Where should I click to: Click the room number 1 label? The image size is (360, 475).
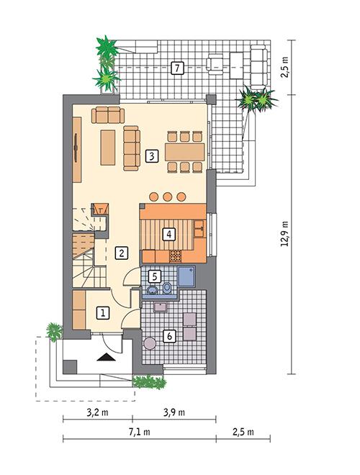(104, 312)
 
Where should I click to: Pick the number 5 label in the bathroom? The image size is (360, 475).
(154, 276)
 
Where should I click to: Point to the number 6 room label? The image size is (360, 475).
(169, 335)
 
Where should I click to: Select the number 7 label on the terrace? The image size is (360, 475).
(177, 69)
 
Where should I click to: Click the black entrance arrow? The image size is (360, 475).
(107, 356)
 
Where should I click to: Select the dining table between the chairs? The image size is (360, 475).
(185, 152)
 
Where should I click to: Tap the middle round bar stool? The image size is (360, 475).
(167, 196)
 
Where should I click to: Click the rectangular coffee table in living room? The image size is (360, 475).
(107, 147)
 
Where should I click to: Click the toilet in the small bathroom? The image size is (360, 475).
(167, 289)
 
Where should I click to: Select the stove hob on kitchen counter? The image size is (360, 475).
(174, 255)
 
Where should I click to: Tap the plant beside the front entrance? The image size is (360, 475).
(54, 332)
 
